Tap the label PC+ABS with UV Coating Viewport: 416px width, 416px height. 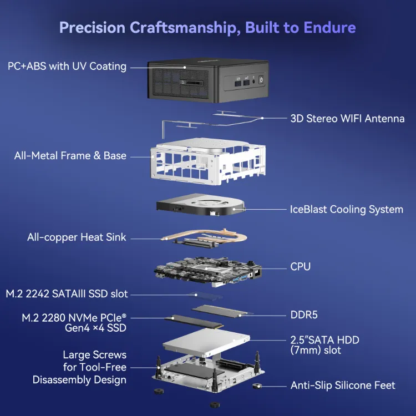coord(67,67)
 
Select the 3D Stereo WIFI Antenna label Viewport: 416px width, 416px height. coord(347,118)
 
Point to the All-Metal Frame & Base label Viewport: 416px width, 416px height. coord(70,156)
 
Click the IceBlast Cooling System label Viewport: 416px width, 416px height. coord(347,210)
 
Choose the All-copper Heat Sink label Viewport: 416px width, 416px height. coord(77,237)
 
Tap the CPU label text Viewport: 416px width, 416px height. coord(301,267)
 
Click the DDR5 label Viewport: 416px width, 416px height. coord(305,315)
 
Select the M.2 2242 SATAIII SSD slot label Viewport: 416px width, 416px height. coord(67,293)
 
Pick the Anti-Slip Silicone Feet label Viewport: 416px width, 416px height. coord(343,385)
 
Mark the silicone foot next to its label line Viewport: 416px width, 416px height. coord(257,385)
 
